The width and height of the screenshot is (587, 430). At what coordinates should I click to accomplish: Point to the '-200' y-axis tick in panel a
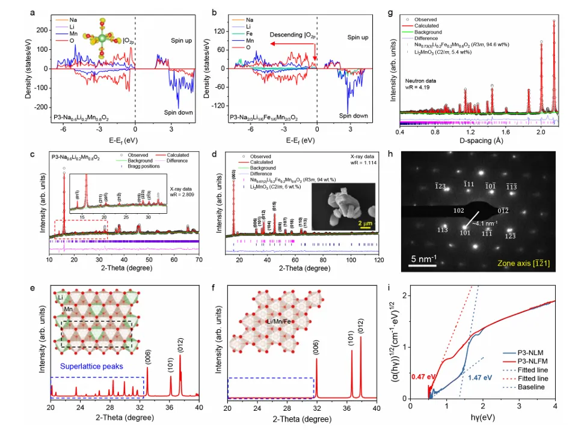41,107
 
